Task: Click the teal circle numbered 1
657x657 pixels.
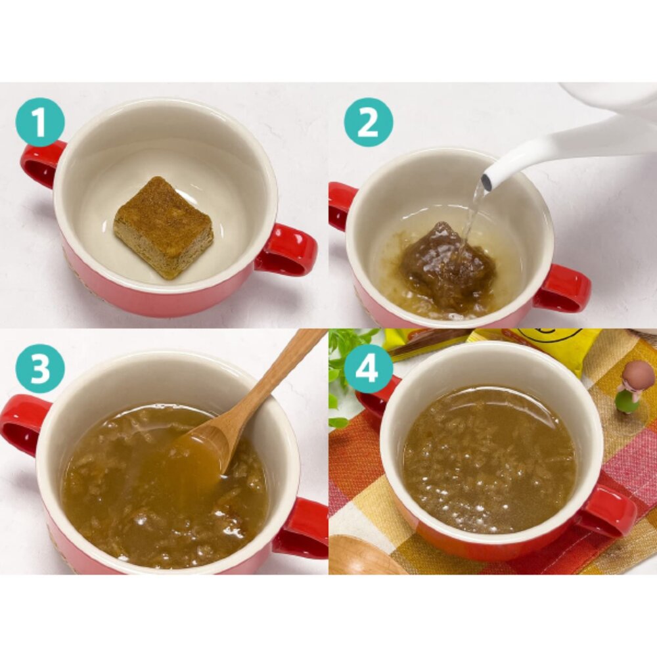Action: click(40, 122)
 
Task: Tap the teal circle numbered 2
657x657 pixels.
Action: click(369, 122)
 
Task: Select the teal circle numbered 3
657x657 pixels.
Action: click(40, 369)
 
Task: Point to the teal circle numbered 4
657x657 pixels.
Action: click(369, 369)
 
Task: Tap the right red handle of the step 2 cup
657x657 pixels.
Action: click(562, 288)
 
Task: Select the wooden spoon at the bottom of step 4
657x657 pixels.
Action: click(364, 555)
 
